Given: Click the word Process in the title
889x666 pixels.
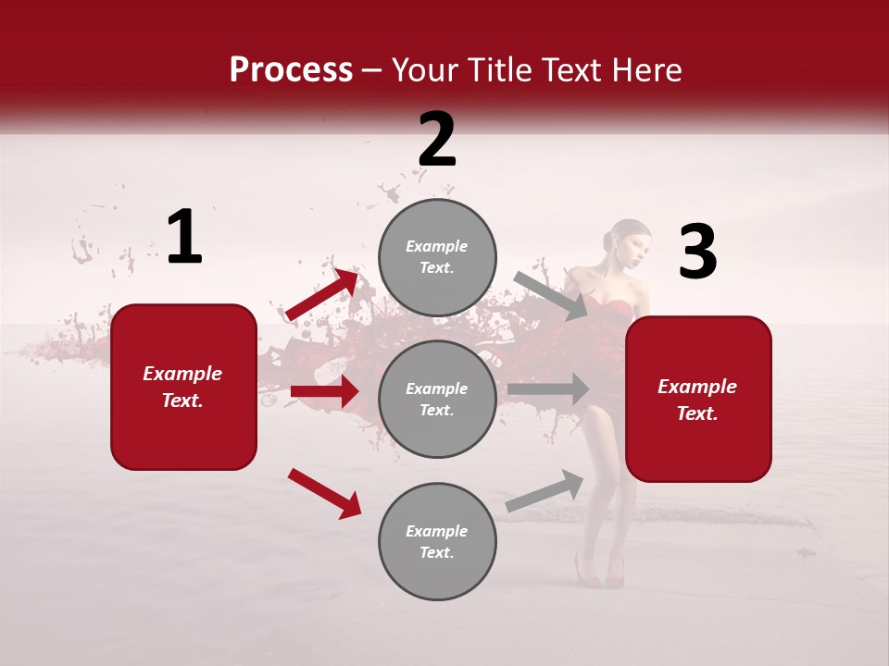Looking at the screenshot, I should (291, 70).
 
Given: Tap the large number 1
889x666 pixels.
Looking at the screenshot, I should (184, 238).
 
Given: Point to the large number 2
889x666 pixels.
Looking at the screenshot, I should (437, 140).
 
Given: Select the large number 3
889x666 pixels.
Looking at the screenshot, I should (697, 252).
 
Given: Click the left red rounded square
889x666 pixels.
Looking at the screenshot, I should (183, 387).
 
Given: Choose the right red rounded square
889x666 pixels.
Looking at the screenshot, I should (698, 399).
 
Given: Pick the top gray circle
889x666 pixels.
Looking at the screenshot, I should (437, 257).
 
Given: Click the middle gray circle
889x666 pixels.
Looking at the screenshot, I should (437, 399).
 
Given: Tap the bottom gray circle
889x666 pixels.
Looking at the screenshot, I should (437, 541).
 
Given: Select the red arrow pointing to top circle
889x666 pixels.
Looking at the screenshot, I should (322, 295).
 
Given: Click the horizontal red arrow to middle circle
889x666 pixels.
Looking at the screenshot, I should (324, 391).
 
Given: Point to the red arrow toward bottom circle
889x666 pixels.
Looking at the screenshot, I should (324, 493).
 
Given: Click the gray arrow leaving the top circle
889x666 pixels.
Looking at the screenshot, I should (551, 295).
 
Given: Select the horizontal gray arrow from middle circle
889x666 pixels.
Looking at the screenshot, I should (548, 389).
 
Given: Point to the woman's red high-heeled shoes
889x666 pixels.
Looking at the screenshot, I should (599, 572).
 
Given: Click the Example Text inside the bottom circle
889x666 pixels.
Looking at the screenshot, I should (437, 541).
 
